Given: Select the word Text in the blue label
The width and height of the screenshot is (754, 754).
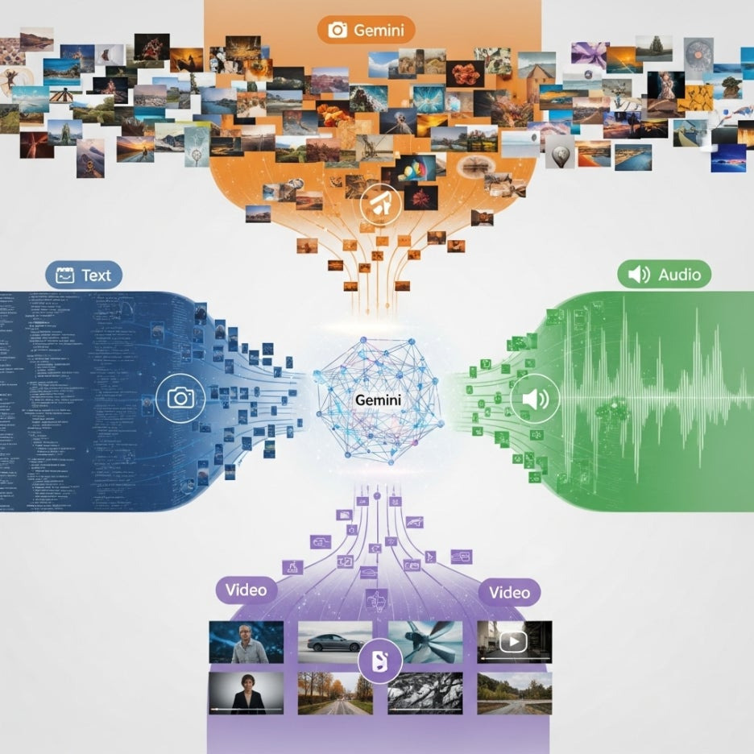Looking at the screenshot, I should [x=96, y=275].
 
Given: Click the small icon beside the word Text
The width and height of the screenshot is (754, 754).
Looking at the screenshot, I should [x=64, y=275].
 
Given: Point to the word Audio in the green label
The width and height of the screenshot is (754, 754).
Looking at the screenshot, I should [x=679, y=275].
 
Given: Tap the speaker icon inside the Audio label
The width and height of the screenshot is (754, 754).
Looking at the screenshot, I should [x=639, y=275].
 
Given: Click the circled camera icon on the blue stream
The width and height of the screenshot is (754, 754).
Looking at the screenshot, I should [x=180, y=397].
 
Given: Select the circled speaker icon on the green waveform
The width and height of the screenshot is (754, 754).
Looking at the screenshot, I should [x=534, y=398].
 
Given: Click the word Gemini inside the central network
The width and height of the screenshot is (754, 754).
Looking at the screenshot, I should [x=377, y=400].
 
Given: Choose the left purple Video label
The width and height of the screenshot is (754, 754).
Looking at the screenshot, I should [x=246, y=590].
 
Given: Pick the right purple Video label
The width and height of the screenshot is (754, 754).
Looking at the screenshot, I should [x=509, y=592].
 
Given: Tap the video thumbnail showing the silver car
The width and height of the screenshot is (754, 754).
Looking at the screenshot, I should [x=334, y=641].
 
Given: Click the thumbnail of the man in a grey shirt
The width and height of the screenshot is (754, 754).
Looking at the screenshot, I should [x=246, y=642].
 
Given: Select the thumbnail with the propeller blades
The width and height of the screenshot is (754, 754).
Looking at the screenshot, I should [x=425, y=641].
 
